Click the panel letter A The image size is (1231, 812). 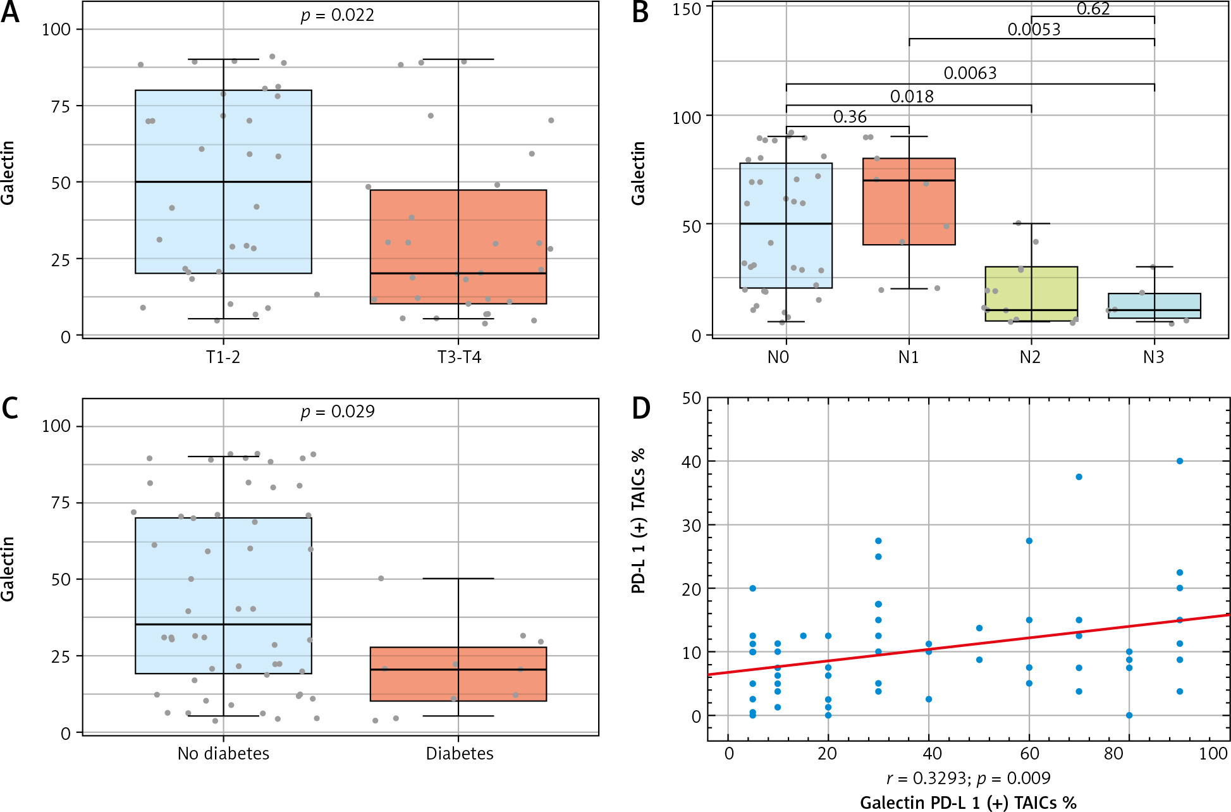tap(10, 13)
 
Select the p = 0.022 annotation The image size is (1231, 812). tap(337, 15)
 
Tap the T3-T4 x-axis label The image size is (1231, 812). tap(459, 358)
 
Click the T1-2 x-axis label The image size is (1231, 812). tap(223, 358)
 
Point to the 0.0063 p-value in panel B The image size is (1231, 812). tap(970, 73)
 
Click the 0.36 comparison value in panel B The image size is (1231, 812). tap(850, 117)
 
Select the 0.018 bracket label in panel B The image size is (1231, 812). tap(912, 97)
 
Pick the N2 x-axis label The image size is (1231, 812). tap(1030, 358)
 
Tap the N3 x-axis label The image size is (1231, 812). tap(1153, 358)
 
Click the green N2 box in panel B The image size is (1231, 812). tap(1031, 293)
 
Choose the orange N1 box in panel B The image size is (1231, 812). tap(909, 201)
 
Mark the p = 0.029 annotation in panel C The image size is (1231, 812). tap(337, 412)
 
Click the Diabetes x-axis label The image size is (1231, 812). tap(459, 754)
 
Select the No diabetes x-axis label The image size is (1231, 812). tap(223, 754)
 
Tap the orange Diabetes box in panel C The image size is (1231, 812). tap(458, 674)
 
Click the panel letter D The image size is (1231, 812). tap(641, 409)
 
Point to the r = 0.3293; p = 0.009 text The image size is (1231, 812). tap(968, 778)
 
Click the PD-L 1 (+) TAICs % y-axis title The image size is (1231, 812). tap(639, 520)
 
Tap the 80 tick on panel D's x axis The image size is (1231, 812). tap(1113, 754)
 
